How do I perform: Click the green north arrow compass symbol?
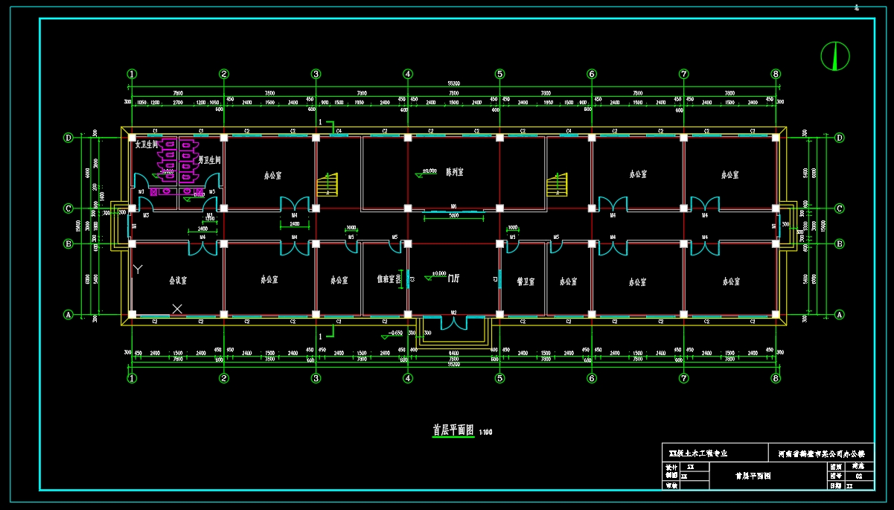point(834,55)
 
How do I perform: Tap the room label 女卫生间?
point(147,145)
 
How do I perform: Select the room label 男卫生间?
point(209,160)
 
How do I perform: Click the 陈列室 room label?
point(454,172)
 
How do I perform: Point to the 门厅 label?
point(453,278)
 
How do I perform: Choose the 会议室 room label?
point(177,281)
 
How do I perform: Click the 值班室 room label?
point(385,279)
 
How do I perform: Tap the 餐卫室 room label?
point(526,281)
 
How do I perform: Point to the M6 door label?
point(453,206)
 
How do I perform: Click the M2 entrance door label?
point(453,313)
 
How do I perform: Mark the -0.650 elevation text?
point(395,334)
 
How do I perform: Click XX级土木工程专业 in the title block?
point(698,453)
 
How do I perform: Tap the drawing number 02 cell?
point(858,476)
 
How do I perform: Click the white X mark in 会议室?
point(177,307)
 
